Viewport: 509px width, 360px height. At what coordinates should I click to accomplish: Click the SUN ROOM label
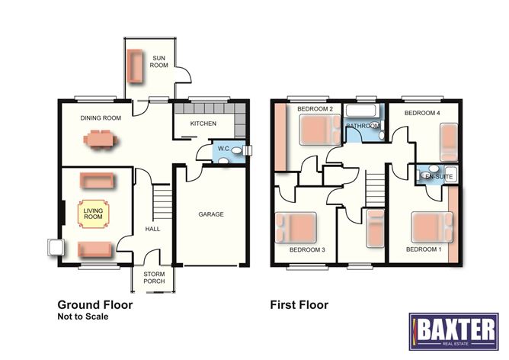click(x=158, y=61)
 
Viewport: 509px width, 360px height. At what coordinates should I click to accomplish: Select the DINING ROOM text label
click(x=101, y=118)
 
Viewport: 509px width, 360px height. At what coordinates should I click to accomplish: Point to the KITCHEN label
click(x=203, y=124)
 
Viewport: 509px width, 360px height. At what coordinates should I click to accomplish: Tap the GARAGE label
click(x=211, y=214)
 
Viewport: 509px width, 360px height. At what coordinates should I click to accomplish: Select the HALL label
click(x=152, y=230)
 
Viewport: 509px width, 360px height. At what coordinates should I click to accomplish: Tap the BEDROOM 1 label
click(x=421, y=249)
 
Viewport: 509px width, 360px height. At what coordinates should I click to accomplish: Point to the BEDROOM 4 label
click(x=421, y=113)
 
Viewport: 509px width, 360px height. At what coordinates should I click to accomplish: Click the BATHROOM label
click(x=362, y=126)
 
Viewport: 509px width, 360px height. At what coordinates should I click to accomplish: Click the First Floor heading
click(x=299, y=305)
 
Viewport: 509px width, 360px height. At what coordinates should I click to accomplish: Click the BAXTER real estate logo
click(x=453, y=330)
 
